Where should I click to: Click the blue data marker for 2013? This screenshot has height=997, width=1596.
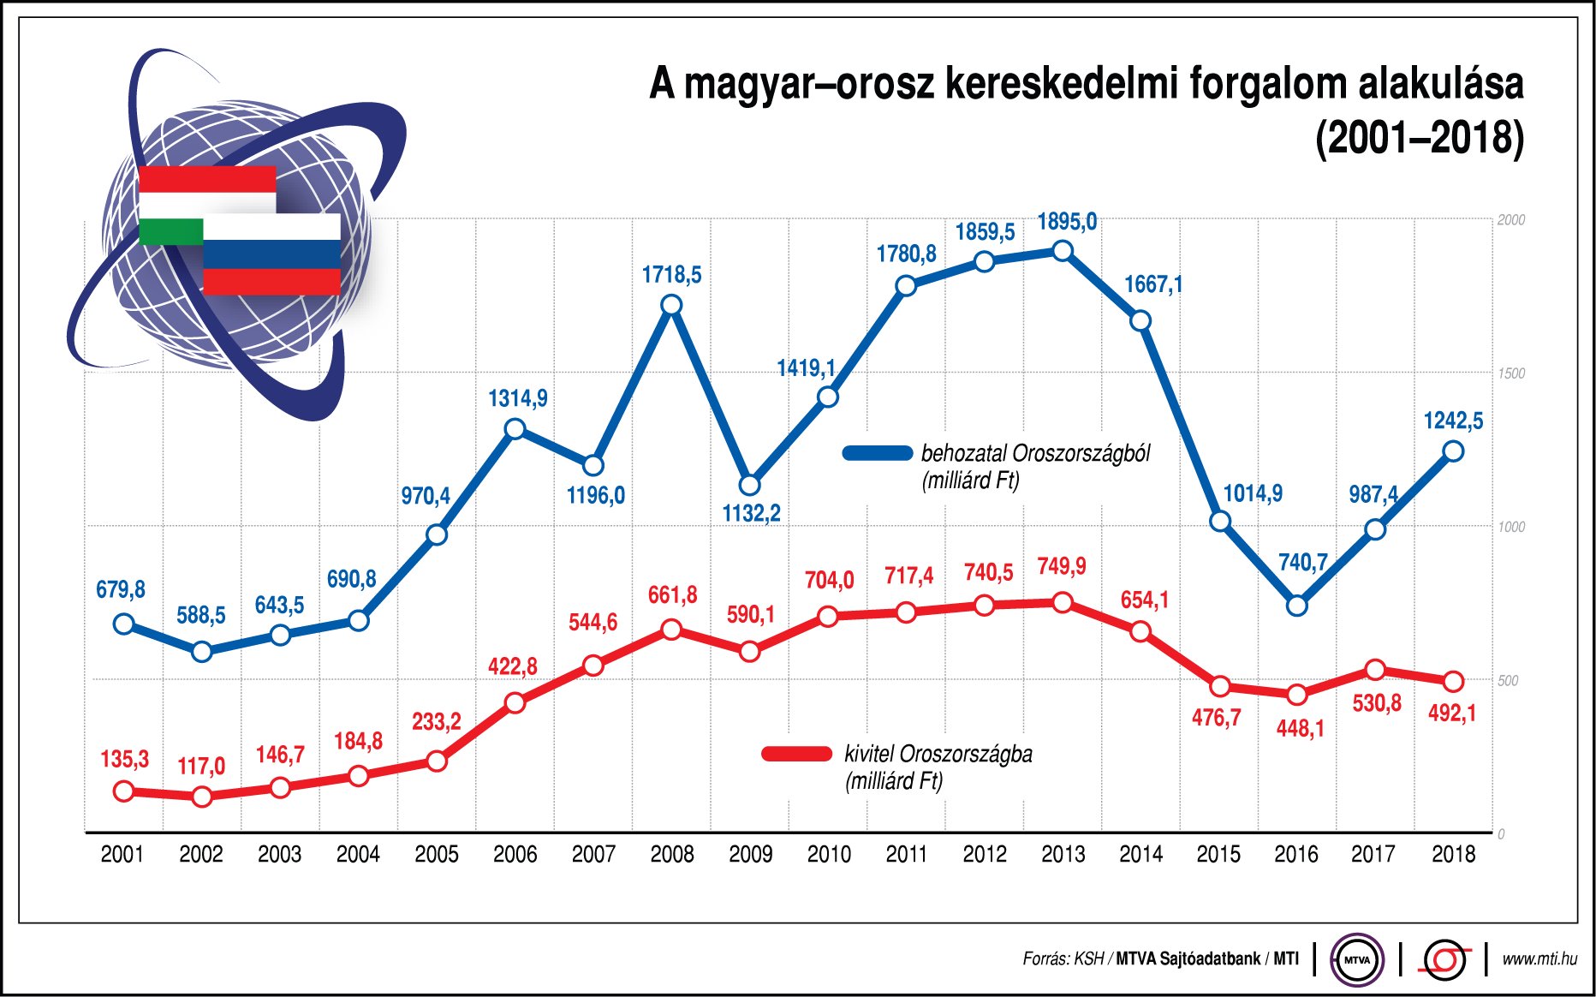(x=1063, y=251)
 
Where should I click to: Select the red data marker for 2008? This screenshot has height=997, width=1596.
(x=672, y=630)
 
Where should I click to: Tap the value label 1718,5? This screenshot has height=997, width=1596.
(x=672, y=275)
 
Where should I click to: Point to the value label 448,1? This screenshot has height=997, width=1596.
(x=1300, y=729)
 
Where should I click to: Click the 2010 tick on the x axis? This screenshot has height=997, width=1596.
(x=829, y=854)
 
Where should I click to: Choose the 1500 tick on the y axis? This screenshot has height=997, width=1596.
(x=1511, y=373)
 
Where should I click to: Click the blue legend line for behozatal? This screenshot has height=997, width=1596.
(x=878, y=453)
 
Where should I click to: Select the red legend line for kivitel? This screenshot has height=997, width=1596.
(x=796, y=754)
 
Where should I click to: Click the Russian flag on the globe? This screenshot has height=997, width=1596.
(x=271, y=255)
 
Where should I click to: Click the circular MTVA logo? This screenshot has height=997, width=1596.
(x=1357, y=959)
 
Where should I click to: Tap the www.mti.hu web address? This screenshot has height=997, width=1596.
(x=1539, y=959)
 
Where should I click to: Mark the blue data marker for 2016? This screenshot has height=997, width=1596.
(x=1297, y=606)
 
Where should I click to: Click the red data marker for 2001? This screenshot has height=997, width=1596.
(x=123, y=791)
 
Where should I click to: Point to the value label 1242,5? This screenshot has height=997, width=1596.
(x=1453, y=421)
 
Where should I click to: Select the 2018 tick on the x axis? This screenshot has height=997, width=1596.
(x=1453, y=854)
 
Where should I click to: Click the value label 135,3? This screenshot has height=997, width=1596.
(x=125, y=759)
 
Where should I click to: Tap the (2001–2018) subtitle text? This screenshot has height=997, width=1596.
(x=1419, y=139)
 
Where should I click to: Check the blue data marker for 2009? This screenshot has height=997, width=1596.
(x=749, y=485)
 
